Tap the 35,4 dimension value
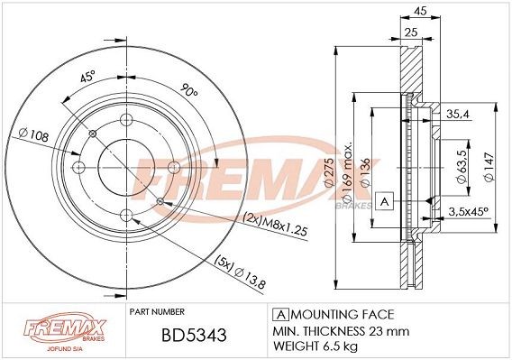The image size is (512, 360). tap(459, 114)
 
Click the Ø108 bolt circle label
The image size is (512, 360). tap(32, 136)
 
